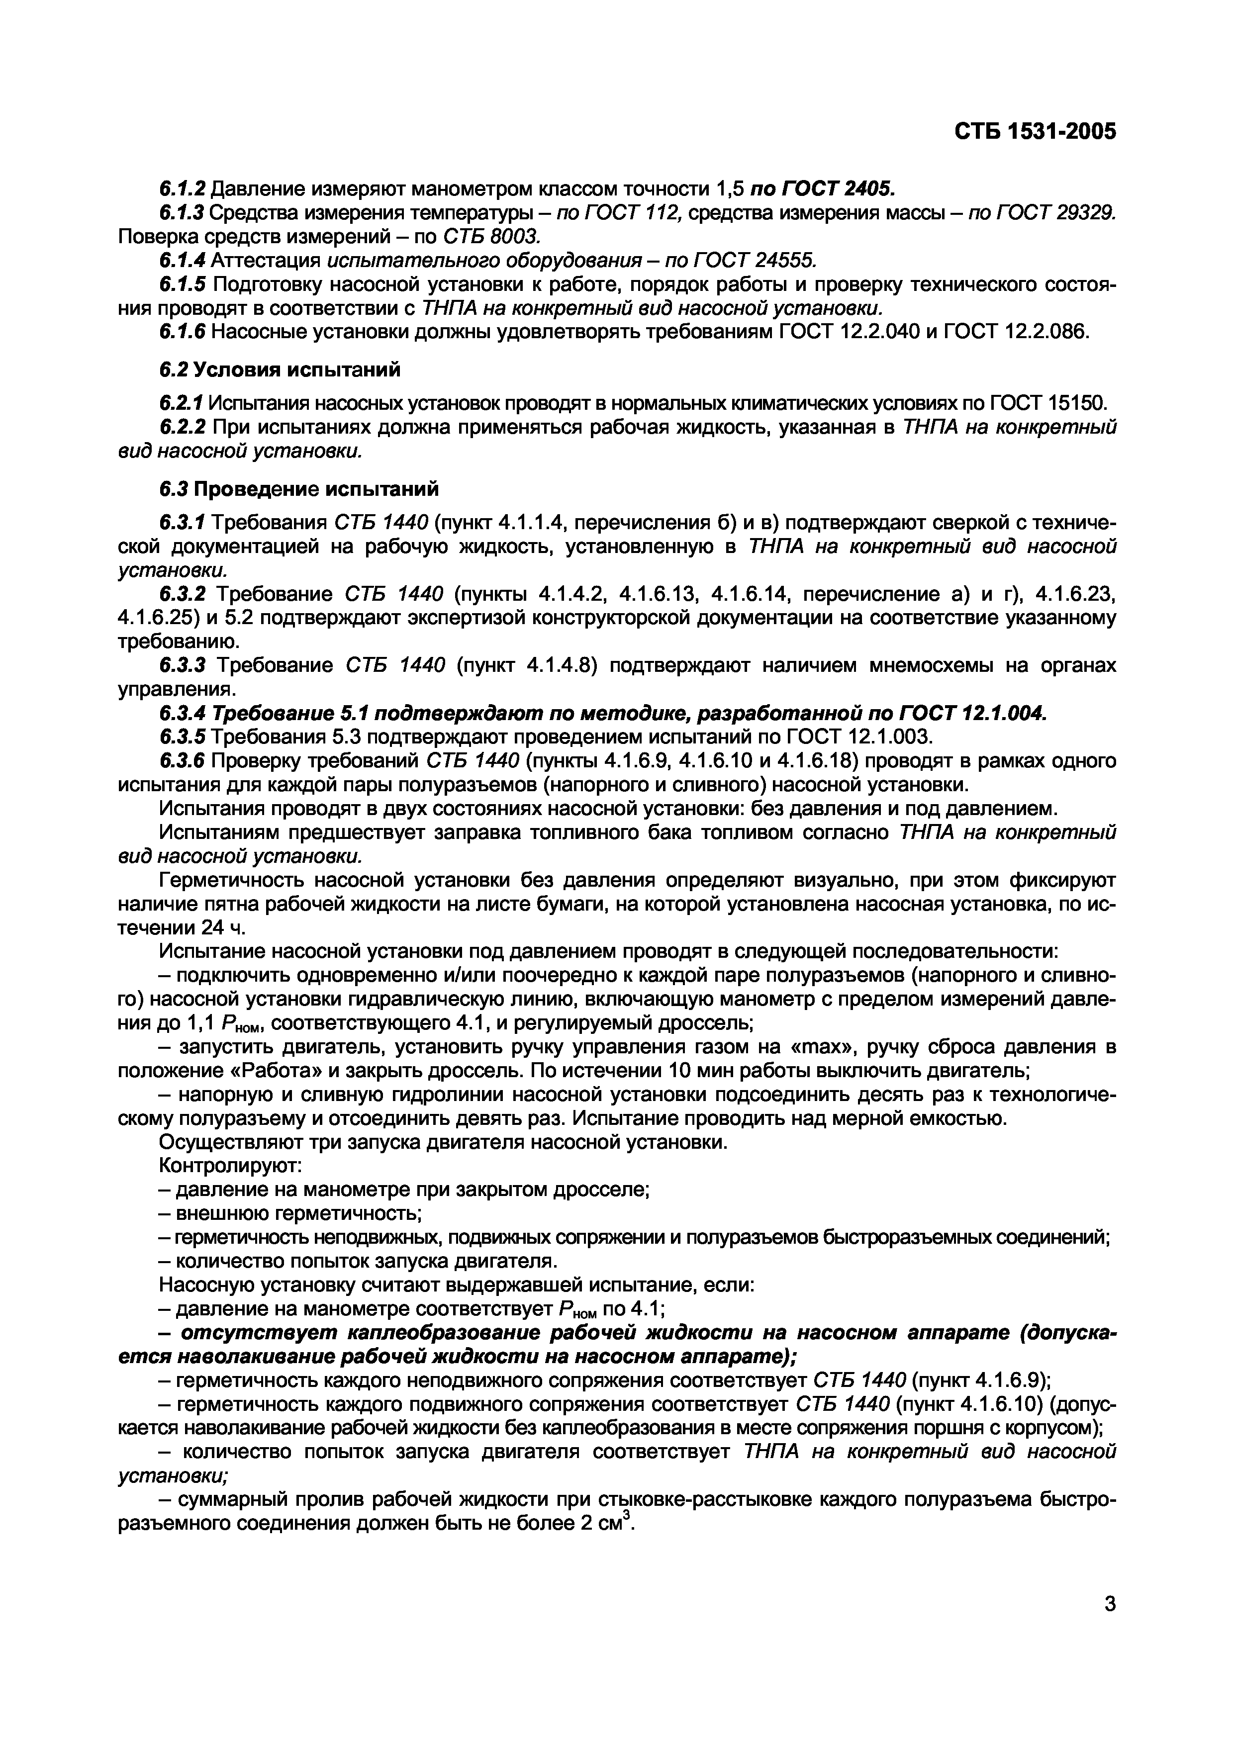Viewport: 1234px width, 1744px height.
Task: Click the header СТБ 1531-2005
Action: click(1035, 132)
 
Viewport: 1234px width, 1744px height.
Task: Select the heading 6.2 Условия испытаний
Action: click(280, 370)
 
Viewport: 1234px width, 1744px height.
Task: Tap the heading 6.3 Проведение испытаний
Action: click(298, 488)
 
